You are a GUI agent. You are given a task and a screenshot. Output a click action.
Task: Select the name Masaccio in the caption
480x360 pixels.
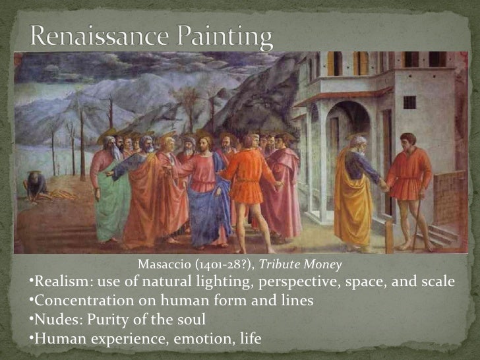[x=164, y=265]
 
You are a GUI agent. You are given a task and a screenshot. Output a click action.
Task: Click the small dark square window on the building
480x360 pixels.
[x=409, y=102]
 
